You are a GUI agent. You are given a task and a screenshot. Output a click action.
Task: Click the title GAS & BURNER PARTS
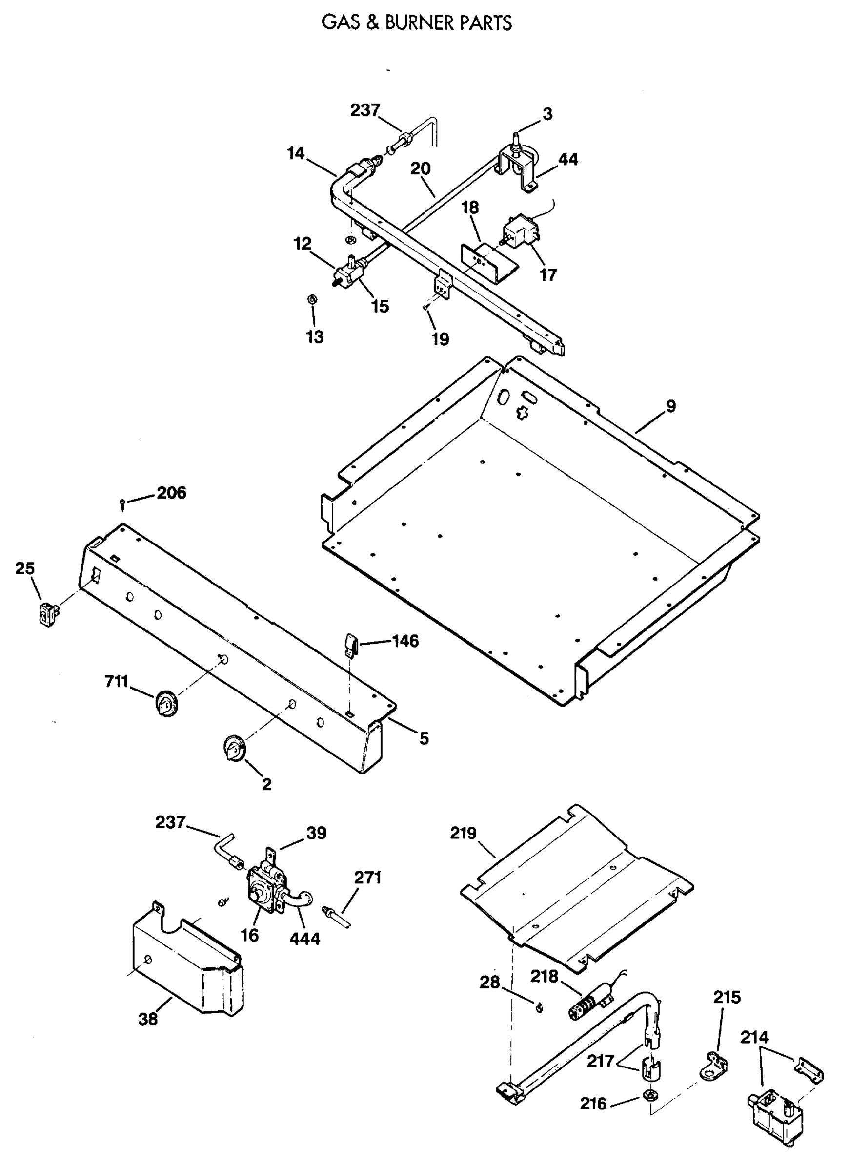click(x=416, y=23)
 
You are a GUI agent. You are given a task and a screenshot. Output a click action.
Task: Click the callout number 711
click(x=116, y=682)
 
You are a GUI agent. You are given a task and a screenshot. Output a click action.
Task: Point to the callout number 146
click(x=405, y=641)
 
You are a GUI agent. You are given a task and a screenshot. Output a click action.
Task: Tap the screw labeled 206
click(x=122, y=502)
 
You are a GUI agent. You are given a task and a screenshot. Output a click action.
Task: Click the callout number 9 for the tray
click(x=670, y=406)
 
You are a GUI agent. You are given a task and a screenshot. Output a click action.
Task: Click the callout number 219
click(x=463, y=833)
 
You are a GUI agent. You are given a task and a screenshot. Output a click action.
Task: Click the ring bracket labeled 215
click(x=715, y=1066)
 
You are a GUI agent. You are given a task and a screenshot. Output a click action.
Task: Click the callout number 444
click(x=304, y=938)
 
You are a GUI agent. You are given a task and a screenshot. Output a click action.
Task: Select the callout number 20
click(x=421, y=168)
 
